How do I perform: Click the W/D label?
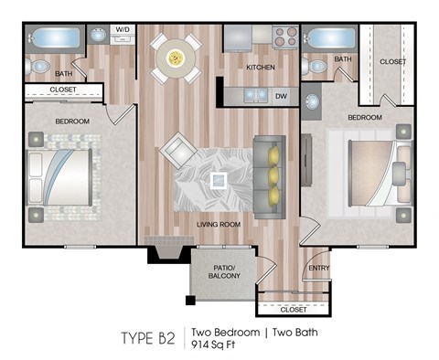pyautogui.click(x=123, y=30)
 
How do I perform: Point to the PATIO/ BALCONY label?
pyautogui.click(x=224, y=271)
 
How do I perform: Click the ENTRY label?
pyautogui.click(x=319, y=268)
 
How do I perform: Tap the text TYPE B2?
pyautogui.click(x=147, y=338)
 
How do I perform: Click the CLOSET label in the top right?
pyautogui.click(x=392, y=61)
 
